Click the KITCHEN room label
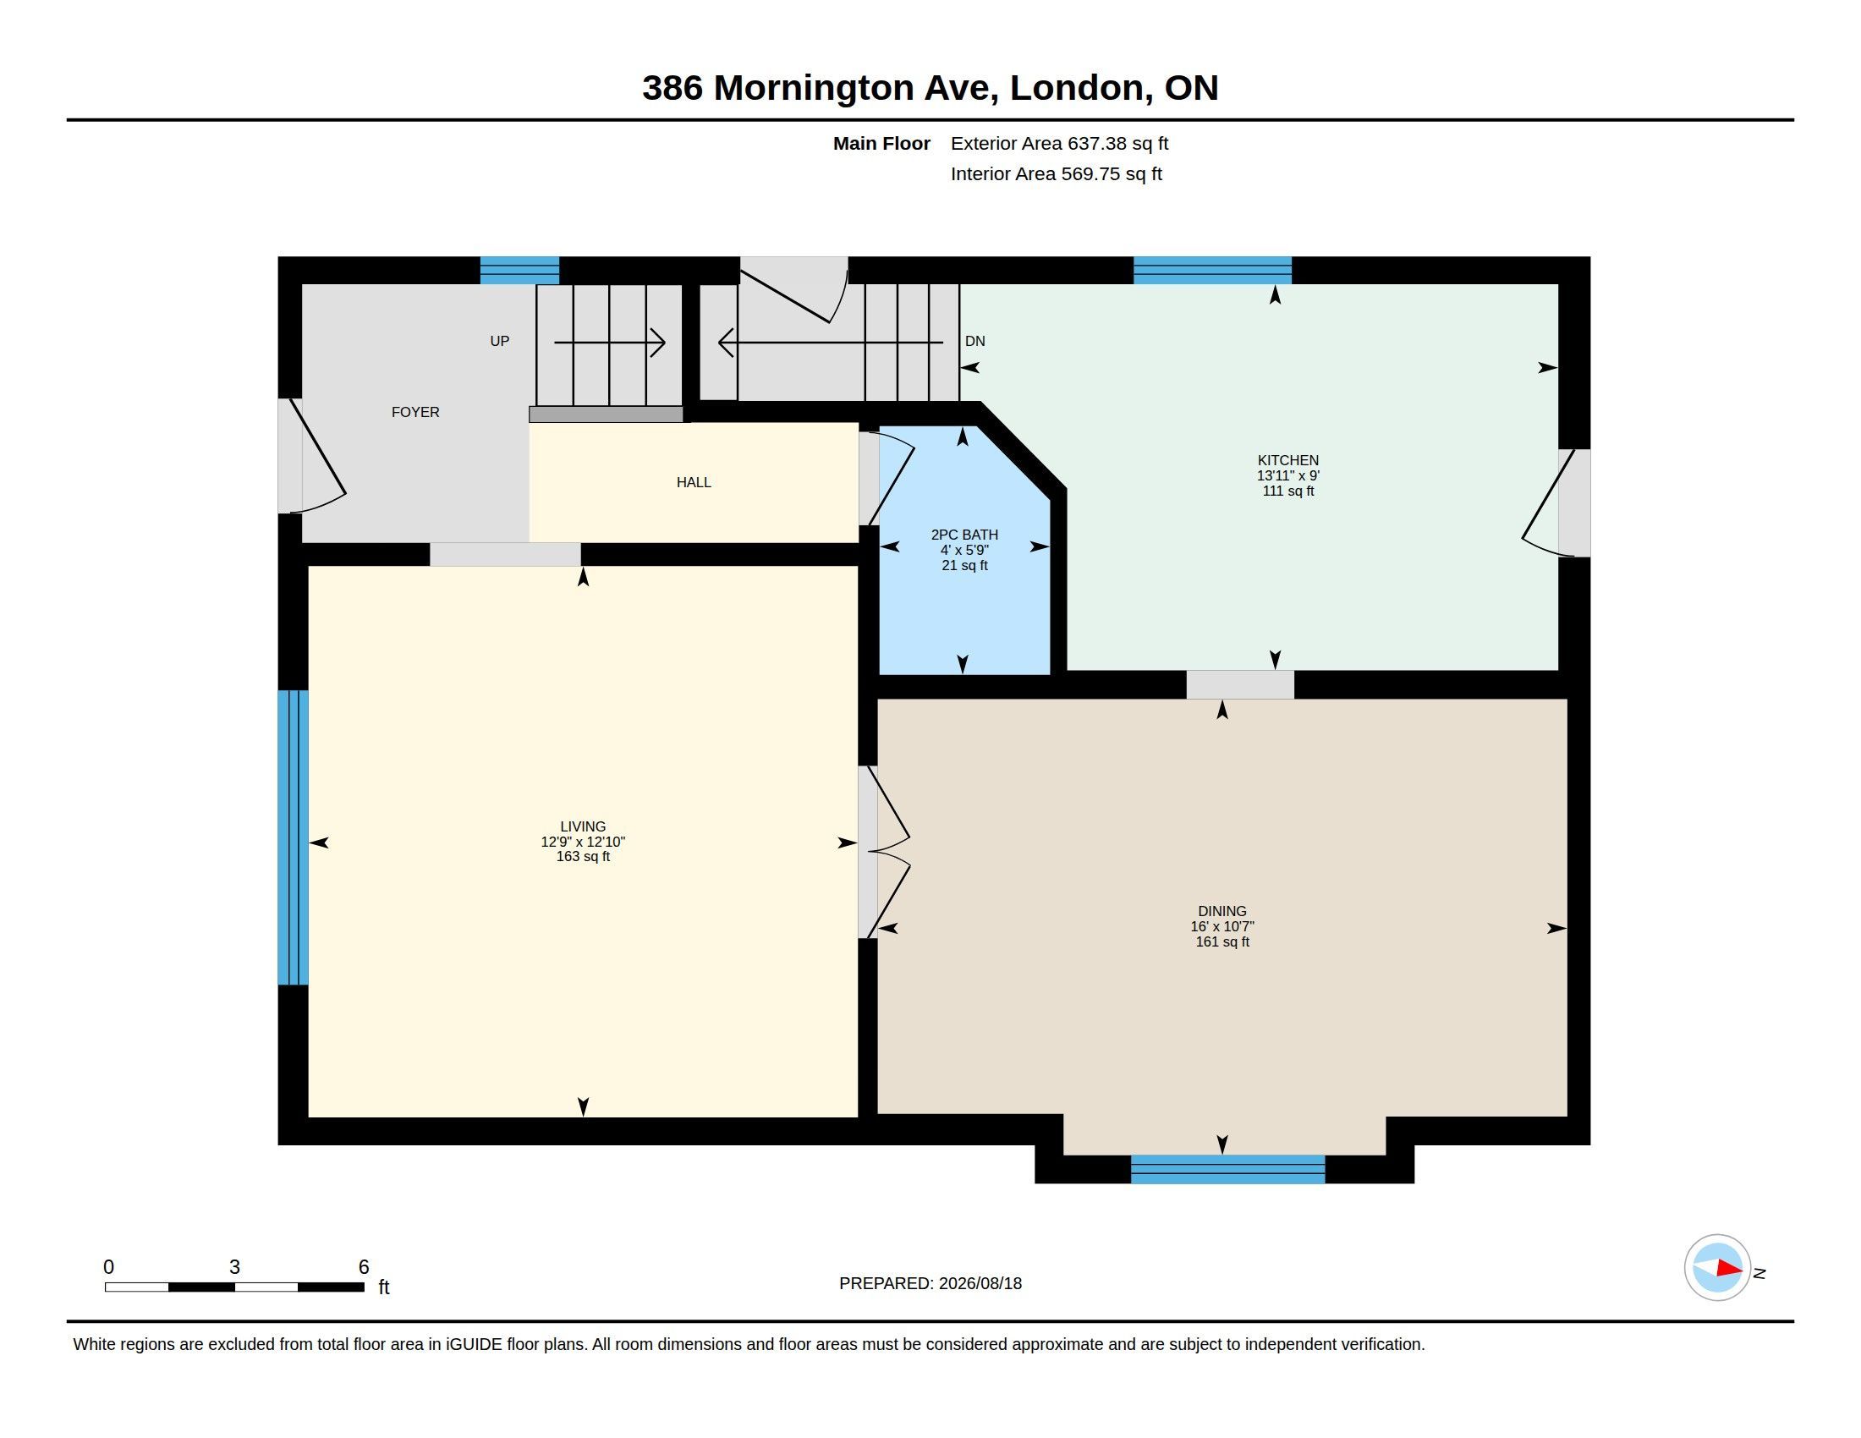pos(1287,460)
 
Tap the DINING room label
pos(1222,911)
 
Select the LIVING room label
pos(583,826)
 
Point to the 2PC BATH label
pos(964,535)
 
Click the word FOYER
pos(415,412)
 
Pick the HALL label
pos(694,482)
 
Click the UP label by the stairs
pos(499,341)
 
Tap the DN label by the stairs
pos(974,341)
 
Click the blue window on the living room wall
pos(294,837)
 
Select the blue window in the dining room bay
pos(1228,1170)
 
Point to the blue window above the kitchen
pos(1212,270)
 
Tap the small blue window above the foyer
pos(519,270)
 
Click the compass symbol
pos(1718,1268)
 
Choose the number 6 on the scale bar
pos(364,1267)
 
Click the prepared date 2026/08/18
pos(980,1283)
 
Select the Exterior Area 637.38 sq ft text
pos(1059,143)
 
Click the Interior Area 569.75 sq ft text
pos(1056,173)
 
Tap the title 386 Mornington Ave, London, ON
pos(930,88)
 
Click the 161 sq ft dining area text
pos(1222,941)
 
